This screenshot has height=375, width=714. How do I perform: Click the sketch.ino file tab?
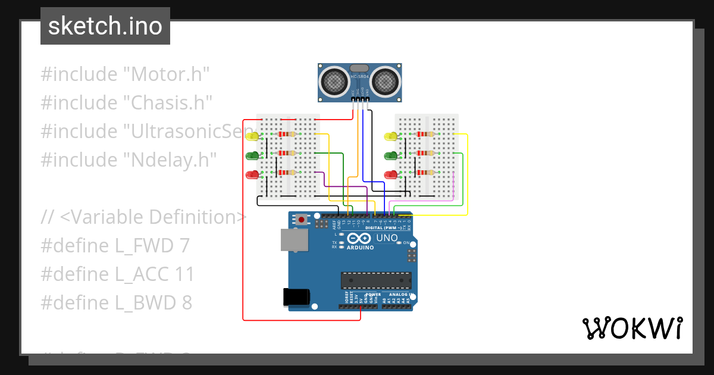(x=105, y=26)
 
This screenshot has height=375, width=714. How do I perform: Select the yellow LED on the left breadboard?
(x=252, y=136)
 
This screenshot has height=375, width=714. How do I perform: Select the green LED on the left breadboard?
(x=252, y=156)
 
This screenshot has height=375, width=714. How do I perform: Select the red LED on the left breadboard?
(x=252, y=175)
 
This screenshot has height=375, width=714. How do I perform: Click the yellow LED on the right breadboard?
(x=391, y=136)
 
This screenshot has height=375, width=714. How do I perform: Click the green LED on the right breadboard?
(x=391, y=156)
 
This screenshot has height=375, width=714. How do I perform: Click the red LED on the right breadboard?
(x=391, y=175)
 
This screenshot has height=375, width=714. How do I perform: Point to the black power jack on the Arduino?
(x=296, y=296)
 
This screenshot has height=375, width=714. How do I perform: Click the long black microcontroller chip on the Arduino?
(x=375, y=280)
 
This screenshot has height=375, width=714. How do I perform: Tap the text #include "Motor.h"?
(x=126, y=74)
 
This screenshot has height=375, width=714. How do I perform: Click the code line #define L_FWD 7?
(x=115, y=246)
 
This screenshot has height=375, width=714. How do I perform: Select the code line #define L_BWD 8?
(x=117, y=303)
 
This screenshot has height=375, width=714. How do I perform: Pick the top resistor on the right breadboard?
(x=424, y=134)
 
